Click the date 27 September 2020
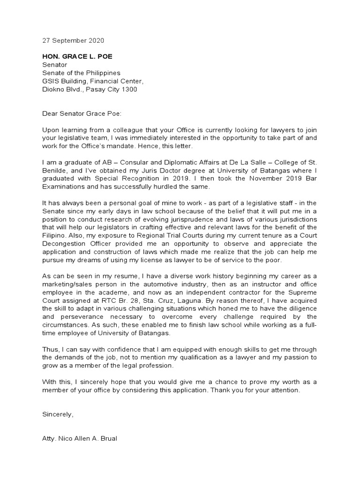click(x=73, y=40)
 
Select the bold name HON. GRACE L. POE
click(x=77, y=57)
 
